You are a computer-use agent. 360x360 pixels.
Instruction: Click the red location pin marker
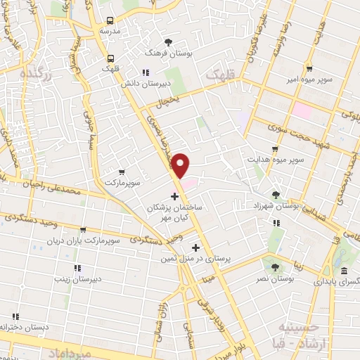click(x=181, y=165)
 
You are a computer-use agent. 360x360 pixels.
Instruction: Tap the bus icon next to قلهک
click(x=110, y=58)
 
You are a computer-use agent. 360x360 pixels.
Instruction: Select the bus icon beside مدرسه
click(x=109, y=20)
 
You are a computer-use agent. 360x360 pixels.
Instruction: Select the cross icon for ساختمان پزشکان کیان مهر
click(x=174, y=196)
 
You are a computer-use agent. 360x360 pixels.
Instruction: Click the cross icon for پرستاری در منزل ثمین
click(x=196, y=247)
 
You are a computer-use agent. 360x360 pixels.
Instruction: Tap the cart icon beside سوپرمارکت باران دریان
click(x=84, y=229)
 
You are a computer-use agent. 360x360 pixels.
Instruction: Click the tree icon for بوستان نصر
click(x=274, y=267)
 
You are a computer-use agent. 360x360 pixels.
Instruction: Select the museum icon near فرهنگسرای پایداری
click(x=343, y=271)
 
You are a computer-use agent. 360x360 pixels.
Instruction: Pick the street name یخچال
click(x=169, y=101)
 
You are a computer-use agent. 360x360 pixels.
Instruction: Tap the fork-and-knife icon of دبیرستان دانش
click(x=146, y=72)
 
